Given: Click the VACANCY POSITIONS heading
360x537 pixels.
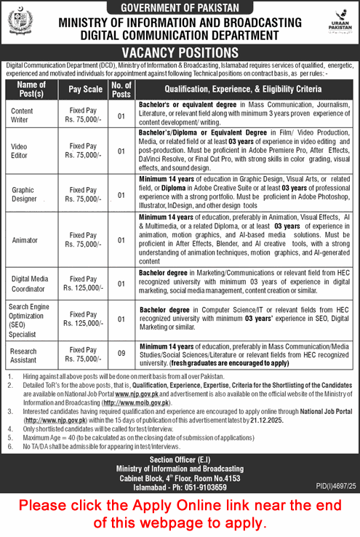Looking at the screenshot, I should [x=180, y=52].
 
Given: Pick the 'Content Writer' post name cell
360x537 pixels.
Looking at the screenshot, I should [x=25, y=116].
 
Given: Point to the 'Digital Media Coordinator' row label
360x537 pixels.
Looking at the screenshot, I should [x=29, y=282].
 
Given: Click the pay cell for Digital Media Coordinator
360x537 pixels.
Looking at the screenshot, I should [x=84, y=282].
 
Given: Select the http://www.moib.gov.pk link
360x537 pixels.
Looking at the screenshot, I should [x=137, y=402].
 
